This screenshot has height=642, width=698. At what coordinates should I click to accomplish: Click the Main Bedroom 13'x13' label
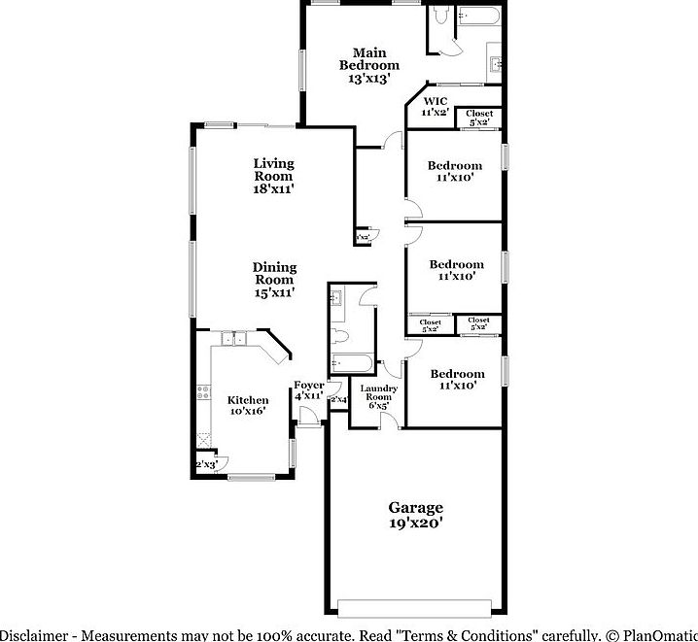[x=369, y=65]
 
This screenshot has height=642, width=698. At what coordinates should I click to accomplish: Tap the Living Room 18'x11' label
[x=273, y=177]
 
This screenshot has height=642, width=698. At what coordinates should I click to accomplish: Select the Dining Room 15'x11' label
[x=274, y=280]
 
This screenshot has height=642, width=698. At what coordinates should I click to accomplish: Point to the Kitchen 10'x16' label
[x=248, y=406]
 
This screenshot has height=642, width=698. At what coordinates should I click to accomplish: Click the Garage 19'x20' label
[x=416, y=515]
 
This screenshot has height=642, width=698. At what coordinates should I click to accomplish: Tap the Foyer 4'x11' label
[x=309, y=390]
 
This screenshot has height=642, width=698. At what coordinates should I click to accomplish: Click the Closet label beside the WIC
[x=479, y=118]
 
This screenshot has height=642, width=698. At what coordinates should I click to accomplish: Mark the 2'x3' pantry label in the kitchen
[x=206, y=465]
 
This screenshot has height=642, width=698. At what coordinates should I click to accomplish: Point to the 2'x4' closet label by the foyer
[x=338, y=400]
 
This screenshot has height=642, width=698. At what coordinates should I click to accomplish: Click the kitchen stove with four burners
[x=204, y=393]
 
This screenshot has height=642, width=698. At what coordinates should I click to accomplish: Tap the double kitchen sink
[x=232, y=338]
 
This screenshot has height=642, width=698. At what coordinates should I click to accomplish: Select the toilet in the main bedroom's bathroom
[x=440, y=17]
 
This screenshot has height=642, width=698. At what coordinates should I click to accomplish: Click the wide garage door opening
[x=416, y=608]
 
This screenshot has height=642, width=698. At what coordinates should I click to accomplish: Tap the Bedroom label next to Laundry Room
[x=457, y=380]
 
